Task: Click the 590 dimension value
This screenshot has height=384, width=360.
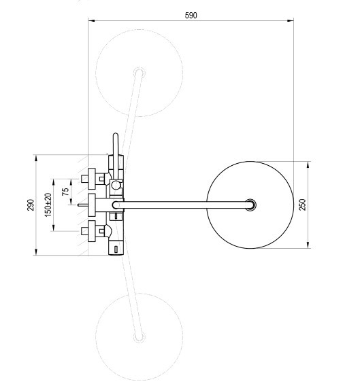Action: click(191, 16)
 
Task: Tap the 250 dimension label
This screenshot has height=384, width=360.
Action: click(303, 205)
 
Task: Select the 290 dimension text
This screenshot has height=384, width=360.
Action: click(31, 205)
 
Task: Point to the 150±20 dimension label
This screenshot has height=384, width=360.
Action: click(48, 205)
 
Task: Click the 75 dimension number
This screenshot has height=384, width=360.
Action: click(65, 192)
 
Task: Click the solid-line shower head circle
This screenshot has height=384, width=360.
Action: click(207, 205)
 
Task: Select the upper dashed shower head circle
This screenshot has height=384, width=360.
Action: click(96, 73)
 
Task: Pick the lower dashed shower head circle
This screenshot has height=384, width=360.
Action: click(96, 337)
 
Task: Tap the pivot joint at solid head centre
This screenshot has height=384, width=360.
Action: click(250, 205)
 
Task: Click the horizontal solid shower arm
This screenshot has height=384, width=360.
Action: click(182, 205)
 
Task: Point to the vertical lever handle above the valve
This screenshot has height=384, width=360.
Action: click(116, 156)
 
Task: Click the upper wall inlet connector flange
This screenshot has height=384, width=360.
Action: click(91, 179)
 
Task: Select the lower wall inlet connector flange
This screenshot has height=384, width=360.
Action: click(91, 231)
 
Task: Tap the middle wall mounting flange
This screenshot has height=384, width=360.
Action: click(91, 205)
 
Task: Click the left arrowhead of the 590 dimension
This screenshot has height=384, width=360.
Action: click(91, 21)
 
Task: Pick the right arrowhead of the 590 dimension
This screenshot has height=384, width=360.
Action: click(291, 21)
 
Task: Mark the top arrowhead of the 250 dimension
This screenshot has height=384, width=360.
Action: click(308, 164)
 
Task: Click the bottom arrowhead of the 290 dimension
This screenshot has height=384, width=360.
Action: click(36, 252)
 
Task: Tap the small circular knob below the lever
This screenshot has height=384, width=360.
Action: click(116, 186)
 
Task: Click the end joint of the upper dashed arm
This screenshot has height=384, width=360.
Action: click(140, 73)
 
